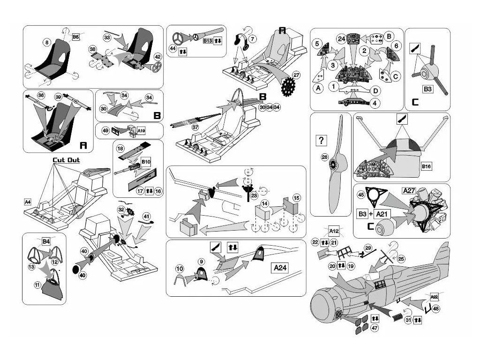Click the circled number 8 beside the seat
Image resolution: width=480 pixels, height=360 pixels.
46,43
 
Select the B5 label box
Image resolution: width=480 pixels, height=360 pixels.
76,36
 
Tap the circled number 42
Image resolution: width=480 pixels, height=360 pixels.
158,57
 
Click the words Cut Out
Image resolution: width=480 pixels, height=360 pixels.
66,160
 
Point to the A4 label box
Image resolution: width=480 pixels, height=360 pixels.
28,202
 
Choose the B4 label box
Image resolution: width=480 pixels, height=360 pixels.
46,241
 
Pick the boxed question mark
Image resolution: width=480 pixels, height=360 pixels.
322,140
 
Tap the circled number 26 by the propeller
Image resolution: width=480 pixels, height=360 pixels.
324,157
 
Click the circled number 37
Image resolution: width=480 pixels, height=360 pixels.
195,127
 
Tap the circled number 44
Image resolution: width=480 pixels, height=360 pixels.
173,48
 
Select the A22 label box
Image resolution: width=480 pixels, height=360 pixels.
434,297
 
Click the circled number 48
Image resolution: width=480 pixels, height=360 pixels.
436,308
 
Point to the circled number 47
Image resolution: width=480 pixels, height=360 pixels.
374,328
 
